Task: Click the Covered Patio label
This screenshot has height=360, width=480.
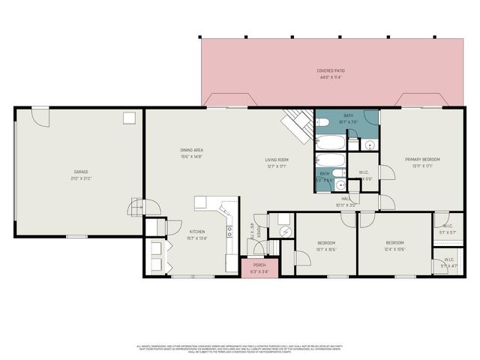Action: click(x=330, y=70)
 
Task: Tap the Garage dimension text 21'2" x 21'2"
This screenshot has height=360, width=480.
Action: click(x=81, y=178)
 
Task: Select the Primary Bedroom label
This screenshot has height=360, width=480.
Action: click(x=422, y=159)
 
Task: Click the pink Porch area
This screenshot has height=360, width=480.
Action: click(x=259, y=267)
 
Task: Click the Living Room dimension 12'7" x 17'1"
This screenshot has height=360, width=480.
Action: click(x=277, y=166)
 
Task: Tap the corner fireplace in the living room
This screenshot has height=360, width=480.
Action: click(x=296, y=124)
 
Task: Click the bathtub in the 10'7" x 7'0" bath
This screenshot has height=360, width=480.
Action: click(x=331, y=142)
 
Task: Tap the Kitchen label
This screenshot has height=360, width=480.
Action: click(x=197, y=232)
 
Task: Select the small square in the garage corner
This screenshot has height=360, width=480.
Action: click(x=129, y=117)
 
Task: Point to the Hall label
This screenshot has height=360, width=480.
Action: click(x=347, y=199)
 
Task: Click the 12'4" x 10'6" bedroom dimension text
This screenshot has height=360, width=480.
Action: click(x=394, y=250)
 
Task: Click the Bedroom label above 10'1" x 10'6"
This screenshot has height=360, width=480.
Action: click(x=325, y=243)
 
